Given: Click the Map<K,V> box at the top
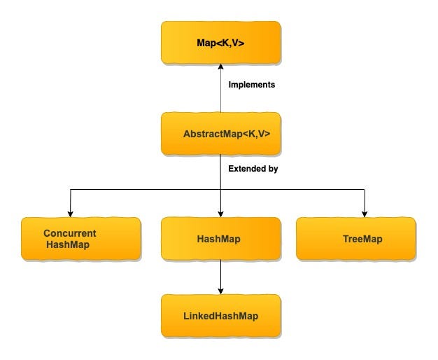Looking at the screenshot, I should point(221,42).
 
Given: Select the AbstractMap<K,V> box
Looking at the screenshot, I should point(221,133).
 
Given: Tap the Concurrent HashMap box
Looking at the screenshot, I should point(80,239).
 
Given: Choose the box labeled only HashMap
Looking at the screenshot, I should point(221,239).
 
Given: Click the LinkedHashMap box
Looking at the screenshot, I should point(221,316).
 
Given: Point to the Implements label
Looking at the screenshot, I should point(253,84).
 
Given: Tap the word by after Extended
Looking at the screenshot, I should point(274,169).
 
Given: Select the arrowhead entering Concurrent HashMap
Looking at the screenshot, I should point(70,214).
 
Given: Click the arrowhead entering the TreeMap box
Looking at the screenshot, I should point(365,214).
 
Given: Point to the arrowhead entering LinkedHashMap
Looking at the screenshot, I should point(221,291).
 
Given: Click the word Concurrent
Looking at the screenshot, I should point(70,233).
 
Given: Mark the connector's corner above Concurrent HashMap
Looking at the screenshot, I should point(70,189).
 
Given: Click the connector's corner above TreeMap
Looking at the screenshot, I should point(365,189).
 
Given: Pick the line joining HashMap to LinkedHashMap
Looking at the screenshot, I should point(221,277).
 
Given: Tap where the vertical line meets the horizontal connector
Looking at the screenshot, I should point(221,189).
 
